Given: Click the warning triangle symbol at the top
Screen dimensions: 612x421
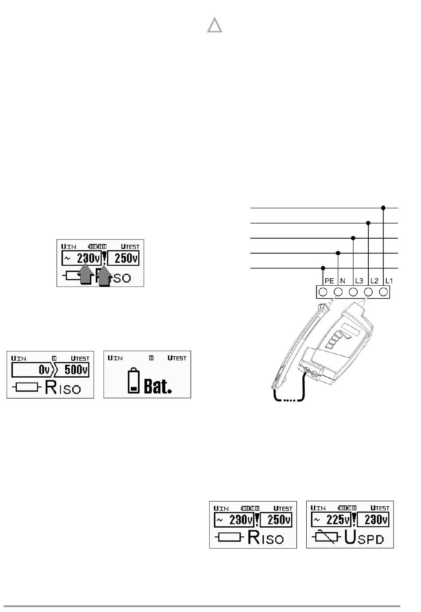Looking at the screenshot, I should (x=214, y=26).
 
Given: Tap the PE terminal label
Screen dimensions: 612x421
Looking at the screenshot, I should (x=329, y=281).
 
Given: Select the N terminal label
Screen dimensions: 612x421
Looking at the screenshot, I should (x=343, y=281).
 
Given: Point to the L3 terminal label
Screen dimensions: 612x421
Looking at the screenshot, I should (x=359, y=281).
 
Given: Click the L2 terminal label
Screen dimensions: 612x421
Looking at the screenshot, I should (x=374, y=281).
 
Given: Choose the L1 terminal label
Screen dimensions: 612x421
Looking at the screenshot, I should (x=389, y=281).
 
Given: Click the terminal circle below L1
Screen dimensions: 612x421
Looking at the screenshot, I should (x=384, y=292).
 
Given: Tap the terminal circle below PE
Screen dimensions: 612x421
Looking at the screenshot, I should (x=323, y=292).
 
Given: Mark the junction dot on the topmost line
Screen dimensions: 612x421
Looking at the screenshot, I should (x=383, y=208).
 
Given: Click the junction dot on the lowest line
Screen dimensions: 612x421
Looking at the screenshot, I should (x=323, y=268).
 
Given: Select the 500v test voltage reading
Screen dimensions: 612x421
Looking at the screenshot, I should (x=76, y=370).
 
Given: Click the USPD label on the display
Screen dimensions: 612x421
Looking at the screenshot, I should (x=364, y=538).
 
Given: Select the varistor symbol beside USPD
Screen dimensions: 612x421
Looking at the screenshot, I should (x=326, y=538).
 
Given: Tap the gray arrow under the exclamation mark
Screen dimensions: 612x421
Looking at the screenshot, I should (x=104, y=275).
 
